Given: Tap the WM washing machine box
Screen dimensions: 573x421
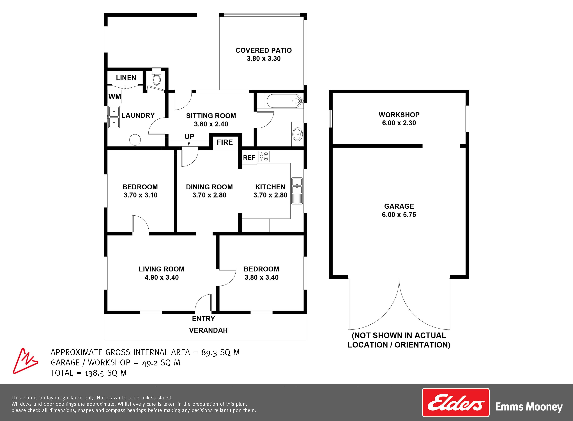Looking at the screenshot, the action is click(115, 97).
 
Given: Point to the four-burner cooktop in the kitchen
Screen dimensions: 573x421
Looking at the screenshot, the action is click(263, 157).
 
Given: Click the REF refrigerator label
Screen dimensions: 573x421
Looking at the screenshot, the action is click(249, 158).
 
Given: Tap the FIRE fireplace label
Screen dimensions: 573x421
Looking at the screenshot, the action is click(225, 142).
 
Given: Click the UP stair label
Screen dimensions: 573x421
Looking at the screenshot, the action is click(189, 137).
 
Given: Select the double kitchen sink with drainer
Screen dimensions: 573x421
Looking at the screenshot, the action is click(297, 191).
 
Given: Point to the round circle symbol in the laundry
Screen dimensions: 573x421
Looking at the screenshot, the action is click(135, 140).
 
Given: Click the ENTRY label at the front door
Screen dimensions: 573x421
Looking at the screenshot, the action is click(203, 318).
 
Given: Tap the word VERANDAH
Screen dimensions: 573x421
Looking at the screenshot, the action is click(208, 330).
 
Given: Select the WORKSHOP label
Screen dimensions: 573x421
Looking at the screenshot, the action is click(399, 115).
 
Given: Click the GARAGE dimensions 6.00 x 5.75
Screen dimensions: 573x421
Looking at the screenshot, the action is click(399, 215).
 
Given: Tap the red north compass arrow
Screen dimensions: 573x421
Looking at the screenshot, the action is click(25, 361).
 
